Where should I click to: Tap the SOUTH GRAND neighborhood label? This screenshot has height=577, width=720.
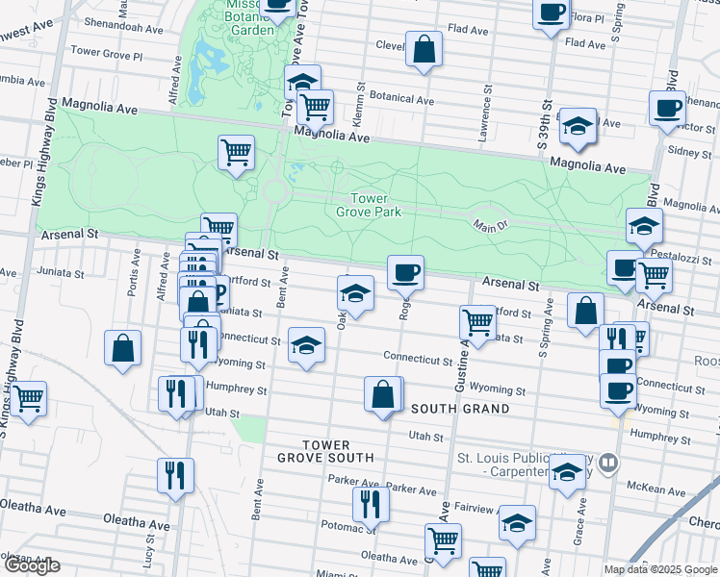pyautogui.click(x=460, y=409)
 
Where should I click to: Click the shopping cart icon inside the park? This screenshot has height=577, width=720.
pyautogui.click(x=236, y=152)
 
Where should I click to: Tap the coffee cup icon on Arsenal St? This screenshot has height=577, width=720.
pyautogui.click(x=405, y=272)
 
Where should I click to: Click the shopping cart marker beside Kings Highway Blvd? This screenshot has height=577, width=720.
pyautogui.click(x=27, y=397)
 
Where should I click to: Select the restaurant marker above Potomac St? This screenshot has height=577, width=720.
pyautogui.click(x=370, y=504)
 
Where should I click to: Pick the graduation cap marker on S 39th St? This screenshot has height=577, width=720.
pyautogui.click(x=578, y=126)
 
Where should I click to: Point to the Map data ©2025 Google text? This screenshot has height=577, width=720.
pyautogui.click(x=647, y=569)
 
